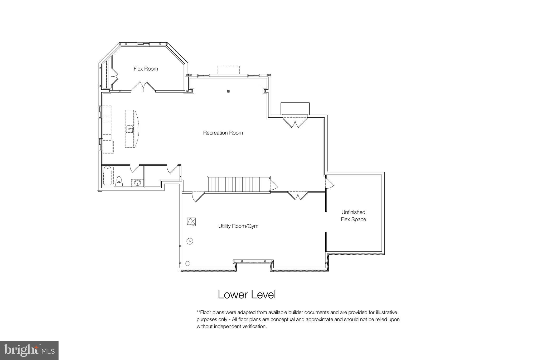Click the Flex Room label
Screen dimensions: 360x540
click(x=146, y=69)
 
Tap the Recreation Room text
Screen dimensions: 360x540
click(x=223, y=133)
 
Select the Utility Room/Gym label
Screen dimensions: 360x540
click(x=238, y=226)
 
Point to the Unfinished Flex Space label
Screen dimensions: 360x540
click(x=353, y=216)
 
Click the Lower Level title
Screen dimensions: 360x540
click(x=247, y=295)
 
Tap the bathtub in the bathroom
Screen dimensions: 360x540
click(x=108, y=175)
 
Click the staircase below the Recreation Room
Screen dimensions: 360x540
click(x=239, y=184)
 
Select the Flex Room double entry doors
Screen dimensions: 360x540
click(x=143, y=87)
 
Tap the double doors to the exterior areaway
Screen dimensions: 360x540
click(x=295, y=122)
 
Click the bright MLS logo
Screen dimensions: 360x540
click(x=29, y=350)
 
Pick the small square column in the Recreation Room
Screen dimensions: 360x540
click(x=228, y=92)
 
